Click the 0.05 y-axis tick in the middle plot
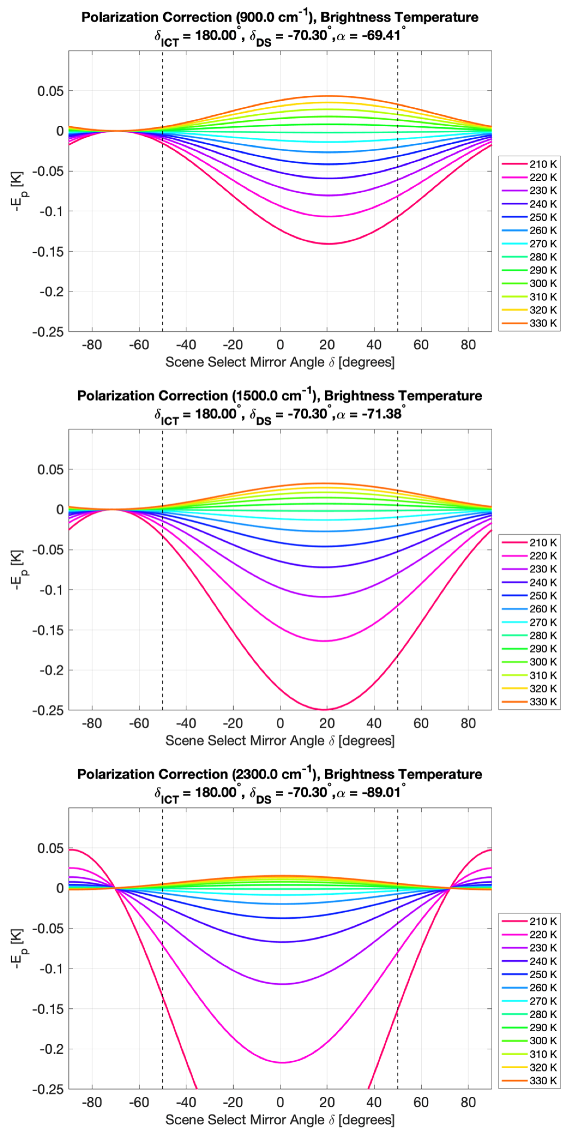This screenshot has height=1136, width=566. click(50, 470)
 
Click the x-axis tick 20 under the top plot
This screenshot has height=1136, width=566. click(327, 345)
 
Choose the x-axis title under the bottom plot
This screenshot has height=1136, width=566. click(280, 1120)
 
